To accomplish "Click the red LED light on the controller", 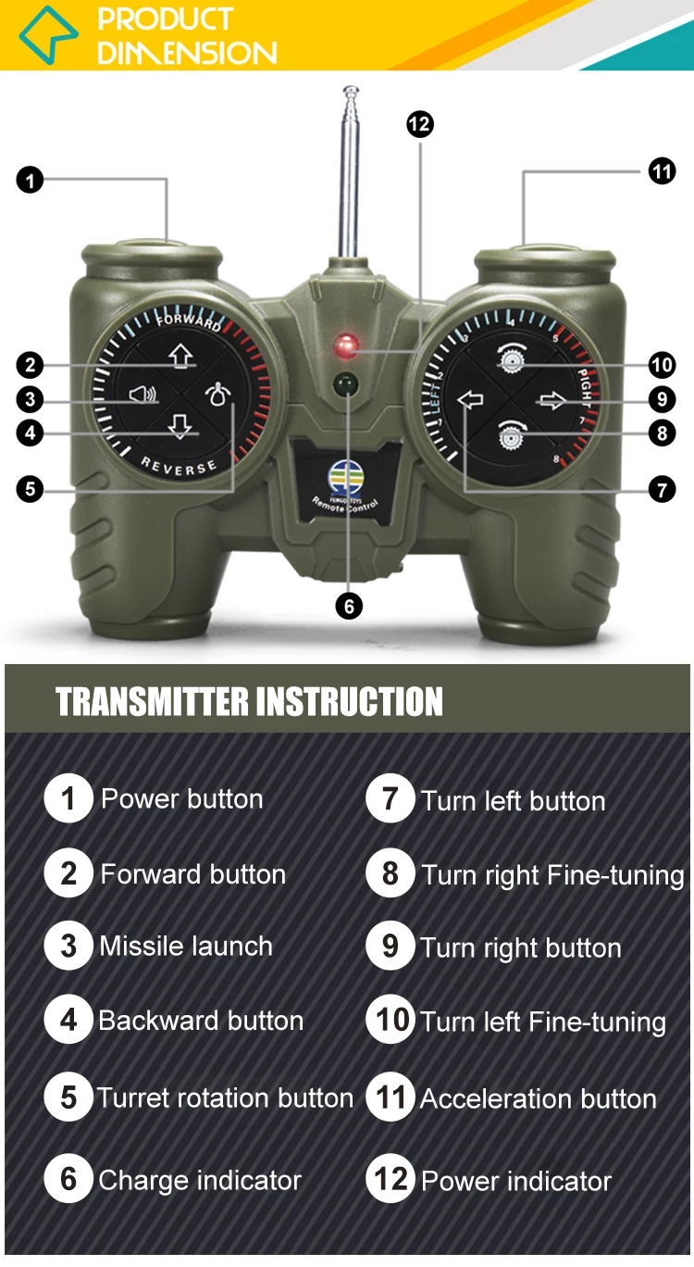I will (x=347, y=346).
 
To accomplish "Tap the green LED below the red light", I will (x=347, y=382).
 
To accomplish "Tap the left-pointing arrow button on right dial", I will (x=471, y=399).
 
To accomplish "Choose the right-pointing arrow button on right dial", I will (x=552, y=400).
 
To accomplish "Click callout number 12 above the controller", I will (x=420, y=123).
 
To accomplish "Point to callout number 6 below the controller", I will (x=348, y=606).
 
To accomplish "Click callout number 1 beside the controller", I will (x=31, y=180).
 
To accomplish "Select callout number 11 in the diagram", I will (x=662, y=171).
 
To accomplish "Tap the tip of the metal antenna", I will (x=351, y=91).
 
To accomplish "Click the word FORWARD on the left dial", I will (x=189, y=322).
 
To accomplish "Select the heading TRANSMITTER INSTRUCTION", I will (x=249, y=702).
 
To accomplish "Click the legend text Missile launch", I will (x=186, y=947).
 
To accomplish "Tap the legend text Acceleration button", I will (x=538, y=1099).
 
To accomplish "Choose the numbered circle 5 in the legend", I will (x=68, y=1098).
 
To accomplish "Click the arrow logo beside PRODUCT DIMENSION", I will (x=48, y=34).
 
